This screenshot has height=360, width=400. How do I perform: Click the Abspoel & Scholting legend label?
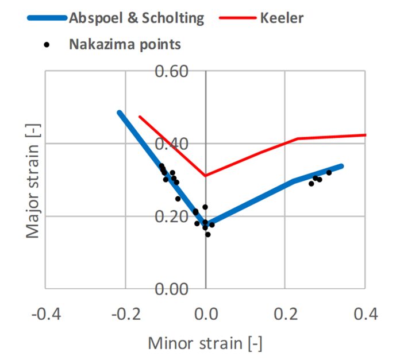click(x=136, y=18)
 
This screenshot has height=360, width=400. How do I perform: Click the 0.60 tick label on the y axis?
click(x=180, y=72)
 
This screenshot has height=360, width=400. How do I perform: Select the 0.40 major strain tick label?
click(x=180, y=144)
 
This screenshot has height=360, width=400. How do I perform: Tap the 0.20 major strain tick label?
click(x=180, y=216)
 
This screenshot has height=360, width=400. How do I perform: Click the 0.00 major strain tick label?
click(x=180, y=288)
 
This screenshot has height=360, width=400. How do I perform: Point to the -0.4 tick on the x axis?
click(x=45, y=315)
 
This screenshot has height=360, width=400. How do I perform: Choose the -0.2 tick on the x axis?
click(x=125, y=315)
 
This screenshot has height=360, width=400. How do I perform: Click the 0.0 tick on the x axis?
click(x=206, y=315)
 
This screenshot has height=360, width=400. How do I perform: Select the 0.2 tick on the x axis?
click(x=286, y=315)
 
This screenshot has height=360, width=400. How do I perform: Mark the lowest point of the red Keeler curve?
click(x=206, y=176)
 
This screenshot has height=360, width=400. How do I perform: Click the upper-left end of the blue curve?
click(x=119, y=113)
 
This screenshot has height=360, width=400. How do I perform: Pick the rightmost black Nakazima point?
click(x=329, y=172)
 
